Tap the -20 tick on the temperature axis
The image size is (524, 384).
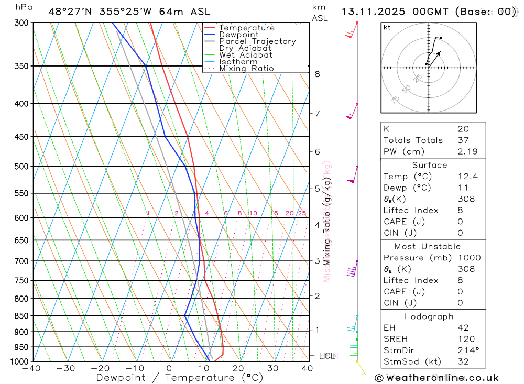point(100,369)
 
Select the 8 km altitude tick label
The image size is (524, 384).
point(318,74)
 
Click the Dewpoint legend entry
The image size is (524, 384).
point(238,35)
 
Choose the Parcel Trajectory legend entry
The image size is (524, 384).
point(257,41)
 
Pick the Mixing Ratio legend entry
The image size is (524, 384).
point(246,69)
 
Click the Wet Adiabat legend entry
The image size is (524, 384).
point(246,55)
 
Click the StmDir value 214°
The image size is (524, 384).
point(466,350)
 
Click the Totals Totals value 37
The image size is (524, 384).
point(463,140)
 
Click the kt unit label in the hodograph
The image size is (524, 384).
point(387,28)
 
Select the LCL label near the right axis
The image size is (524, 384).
point(326,356)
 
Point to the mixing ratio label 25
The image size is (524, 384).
point(302,213)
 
